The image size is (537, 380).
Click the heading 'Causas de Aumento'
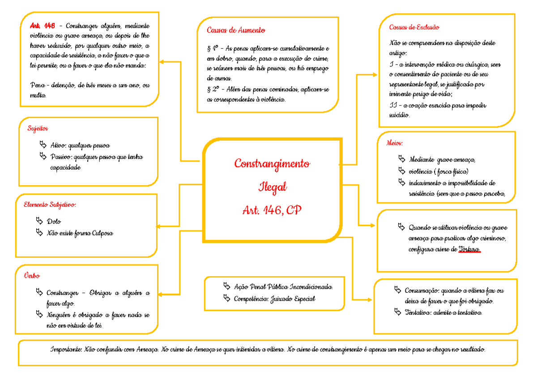(x=236, y=30)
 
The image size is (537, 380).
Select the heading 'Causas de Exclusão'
(x=414, y=27)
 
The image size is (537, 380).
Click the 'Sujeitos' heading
(x=38, y=129)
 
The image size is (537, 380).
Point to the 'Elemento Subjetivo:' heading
(x=50, y=205)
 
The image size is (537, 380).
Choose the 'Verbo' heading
(x=31, y=276)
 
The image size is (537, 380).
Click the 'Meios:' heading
(x=394, y=143)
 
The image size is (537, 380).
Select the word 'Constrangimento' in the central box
(x=272, y=163)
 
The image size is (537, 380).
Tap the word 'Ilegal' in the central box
(x=272, y=187)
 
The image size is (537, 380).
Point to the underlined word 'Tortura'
(x=469, y=249)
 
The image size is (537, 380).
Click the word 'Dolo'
(x=54, y=222)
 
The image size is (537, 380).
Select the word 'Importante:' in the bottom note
(x=66, y=349)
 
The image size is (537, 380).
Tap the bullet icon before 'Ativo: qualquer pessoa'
(x=43, y=145)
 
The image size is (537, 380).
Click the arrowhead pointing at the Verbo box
(x=159, y=294)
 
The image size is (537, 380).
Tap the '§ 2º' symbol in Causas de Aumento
(x=213, y=90)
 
